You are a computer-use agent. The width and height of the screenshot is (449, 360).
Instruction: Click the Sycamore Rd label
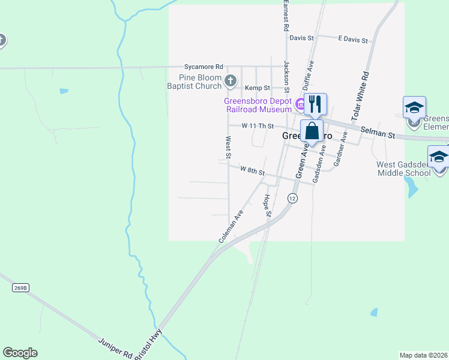[204, 67]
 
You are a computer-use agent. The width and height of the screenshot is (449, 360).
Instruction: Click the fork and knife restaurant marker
[315, 105]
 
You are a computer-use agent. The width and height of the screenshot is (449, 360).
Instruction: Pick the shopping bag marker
[312, 131]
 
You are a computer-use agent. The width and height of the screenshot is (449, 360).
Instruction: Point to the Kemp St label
[259, 88]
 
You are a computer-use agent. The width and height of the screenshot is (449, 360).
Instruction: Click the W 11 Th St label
[258, 127]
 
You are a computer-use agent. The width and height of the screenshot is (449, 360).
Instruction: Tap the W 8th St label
[253, 171]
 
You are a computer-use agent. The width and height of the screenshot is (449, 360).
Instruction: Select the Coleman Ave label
[231, 226]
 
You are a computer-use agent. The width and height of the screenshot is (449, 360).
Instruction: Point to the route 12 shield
[292, 198]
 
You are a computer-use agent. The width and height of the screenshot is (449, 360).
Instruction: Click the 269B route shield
[20, 288]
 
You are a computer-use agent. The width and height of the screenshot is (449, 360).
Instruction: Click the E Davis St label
[352, 40]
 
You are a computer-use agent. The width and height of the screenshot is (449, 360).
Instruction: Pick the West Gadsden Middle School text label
[404, 169]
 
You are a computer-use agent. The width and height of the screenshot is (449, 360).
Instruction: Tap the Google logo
[20, 353]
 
